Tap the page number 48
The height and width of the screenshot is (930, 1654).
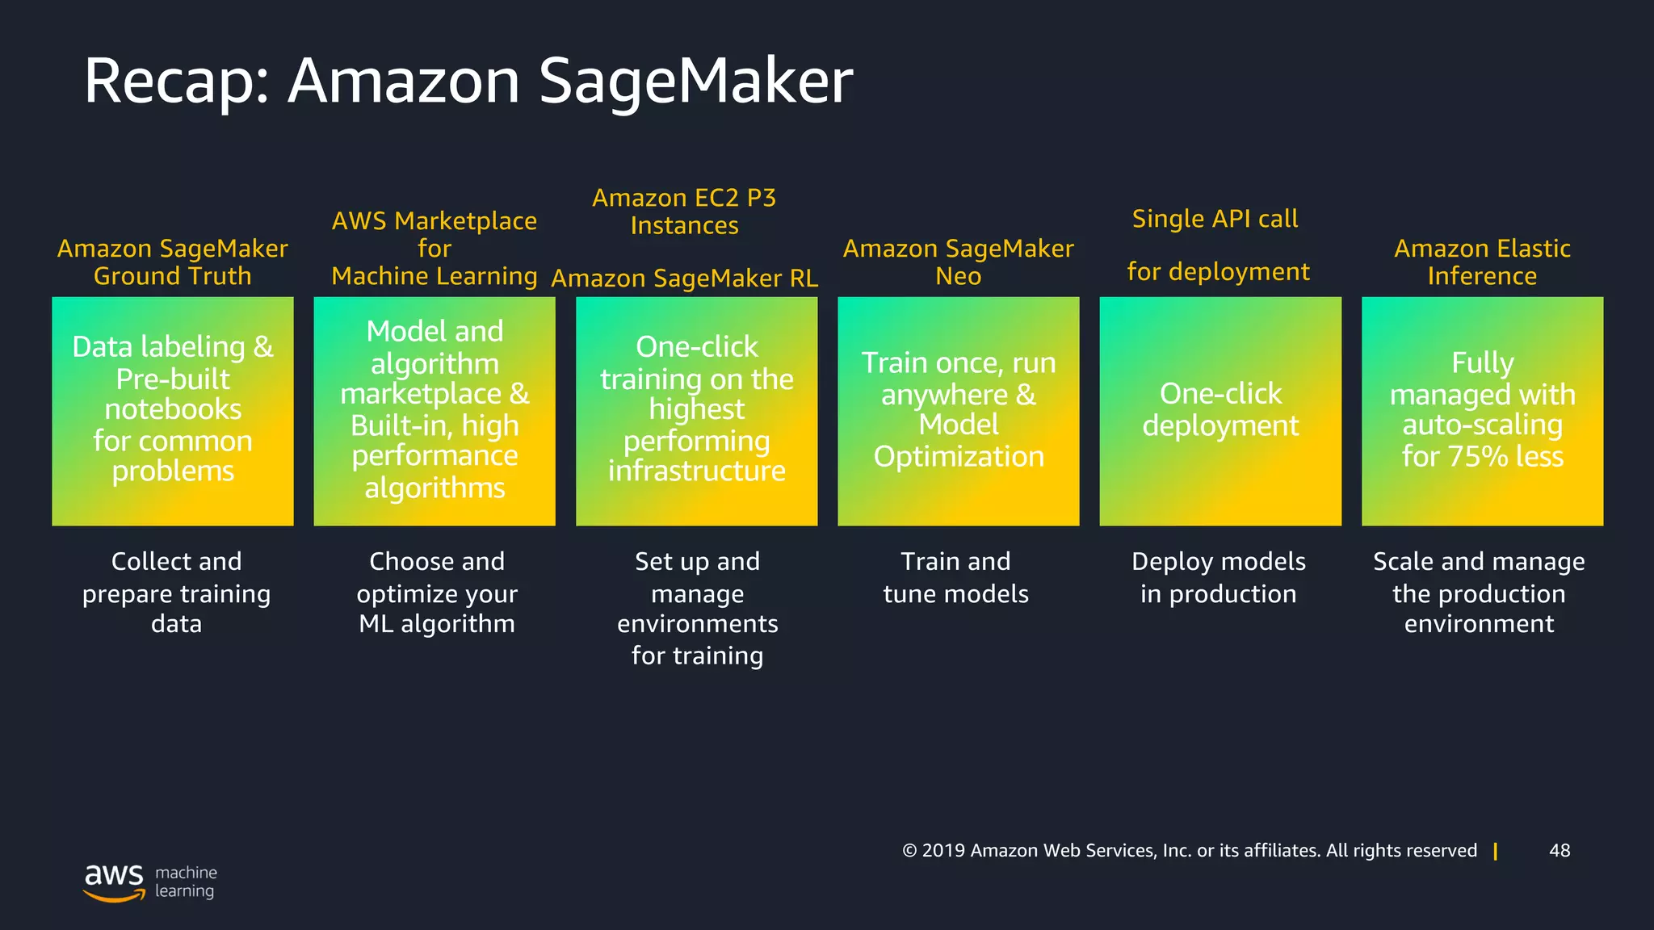1560,850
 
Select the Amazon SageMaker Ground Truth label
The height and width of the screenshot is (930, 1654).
172,262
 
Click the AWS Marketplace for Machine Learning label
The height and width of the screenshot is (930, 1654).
434,249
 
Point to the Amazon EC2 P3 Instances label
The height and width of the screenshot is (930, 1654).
684,212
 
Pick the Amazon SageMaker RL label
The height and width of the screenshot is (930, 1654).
684,279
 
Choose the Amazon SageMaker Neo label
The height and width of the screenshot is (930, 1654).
958,262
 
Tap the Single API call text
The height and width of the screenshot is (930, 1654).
1215,219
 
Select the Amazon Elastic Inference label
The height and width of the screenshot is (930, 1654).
1482,262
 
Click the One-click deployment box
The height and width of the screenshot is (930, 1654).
1220,411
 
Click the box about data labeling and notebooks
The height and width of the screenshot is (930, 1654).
173,411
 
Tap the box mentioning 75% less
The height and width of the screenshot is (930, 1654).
1482,411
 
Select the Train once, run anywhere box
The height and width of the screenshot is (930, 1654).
959,411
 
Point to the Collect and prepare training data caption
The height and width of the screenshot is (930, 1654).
176,593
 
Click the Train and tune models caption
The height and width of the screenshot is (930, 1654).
955,578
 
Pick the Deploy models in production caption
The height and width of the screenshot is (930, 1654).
1218,578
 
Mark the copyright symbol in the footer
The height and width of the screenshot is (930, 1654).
910,851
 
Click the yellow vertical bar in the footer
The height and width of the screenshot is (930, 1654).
1496,851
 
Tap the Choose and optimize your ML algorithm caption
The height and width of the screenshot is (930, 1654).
437,593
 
